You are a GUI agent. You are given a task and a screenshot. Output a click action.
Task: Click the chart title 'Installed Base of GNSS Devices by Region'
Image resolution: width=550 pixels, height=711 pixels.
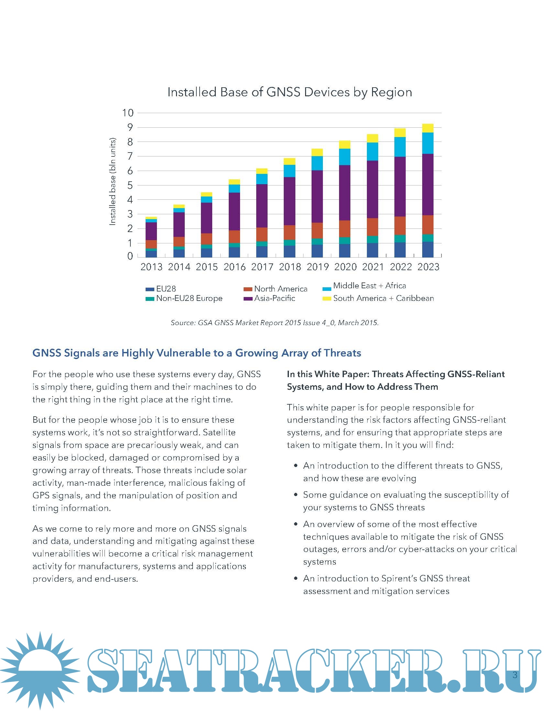(290, 92)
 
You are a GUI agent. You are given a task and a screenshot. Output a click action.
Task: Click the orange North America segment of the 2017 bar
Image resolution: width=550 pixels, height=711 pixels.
(262, 234)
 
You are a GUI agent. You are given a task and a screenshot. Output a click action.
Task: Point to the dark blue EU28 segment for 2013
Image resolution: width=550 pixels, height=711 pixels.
(151, 254)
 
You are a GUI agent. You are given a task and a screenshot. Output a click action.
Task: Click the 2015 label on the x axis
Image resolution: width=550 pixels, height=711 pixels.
(207, 267)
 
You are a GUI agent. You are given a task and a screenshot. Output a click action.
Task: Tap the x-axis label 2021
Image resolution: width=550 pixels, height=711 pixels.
(373, 267)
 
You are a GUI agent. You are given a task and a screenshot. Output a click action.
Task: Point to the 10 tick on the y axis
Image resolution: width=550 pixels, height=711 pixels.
(128, 113)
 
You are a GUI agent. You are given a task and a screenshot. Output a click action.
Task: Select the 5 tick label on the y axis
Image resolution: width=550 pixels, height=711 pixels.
(130, 185)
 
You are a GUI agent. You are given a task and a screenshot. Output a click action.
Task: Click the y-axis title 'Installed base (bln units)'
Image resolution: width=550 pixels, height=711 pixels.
(112, 181)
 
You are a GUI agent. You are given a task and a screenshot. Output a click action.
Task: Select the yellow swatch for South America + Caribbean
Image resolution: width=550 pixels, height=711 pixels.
(326, 299)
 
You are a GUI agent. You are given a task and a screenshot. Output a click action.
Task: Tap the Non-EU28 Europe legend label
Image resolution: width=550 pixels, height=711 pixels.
(189, 299)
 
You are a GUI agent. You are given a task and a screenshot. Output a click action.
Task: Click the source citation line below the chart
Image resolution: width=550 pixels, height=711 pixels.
(275, 323)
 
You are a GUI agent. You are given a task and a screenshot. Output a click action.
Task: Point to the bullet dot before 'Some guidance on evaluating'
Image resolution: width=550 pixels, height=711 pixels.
(295, 495)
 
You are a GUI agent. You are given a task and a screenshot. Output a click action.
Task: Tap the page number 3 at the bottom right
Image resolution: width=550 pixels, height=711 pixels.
(515, 674)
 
